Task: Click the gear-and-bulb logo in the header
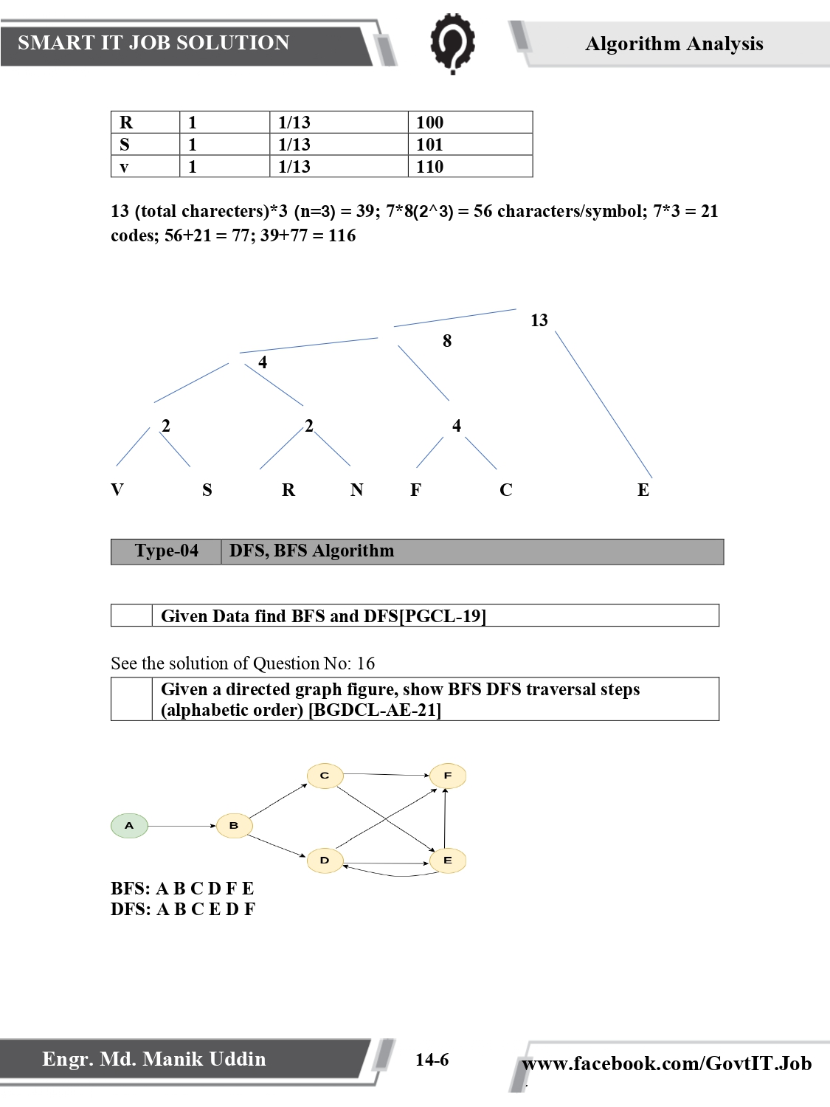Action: pyautogui.click(x=452, y=43)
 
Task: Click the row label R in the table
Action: pyautogui.click(x=126, y=123)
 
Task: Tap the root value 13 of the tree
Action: pyautogui.click(x=539, y=320)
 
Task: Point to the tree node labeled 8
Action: pyautogui.click(x=447, y=341)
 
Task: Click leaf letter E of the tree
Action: pyautogui.click(x=643, y=490)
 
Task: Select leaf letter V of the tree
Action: pyautogui.click(x=117, y=490)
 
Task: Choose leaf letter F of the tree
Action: pyautogui.click(x=416, y=490)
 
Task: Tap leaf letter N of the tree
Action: pyautogui.click(x=356, y=490)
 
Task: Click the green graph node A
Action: pyautogui.click(x=129, y=826)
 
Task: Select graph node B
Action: pyautogui.click(x=234, y=826)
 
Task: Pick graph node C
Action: pyautogui.click(x=325, y=776)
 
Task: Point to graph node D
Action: pyautogui.click(x=325, y=861)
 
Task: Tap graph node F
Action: pyautogui.click(x=447, y=776)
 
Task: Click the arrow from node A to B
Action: pyautogui.click(x=181, y=826)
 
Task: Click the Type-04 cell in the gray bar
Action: pyautogui.click(x=166, y=551)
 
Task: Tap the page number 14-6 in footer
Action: pyautogui.click(x=432, y=1061)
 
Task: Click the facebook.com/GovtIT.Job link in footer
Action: pyautogui.click(x=666, y=1063)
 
